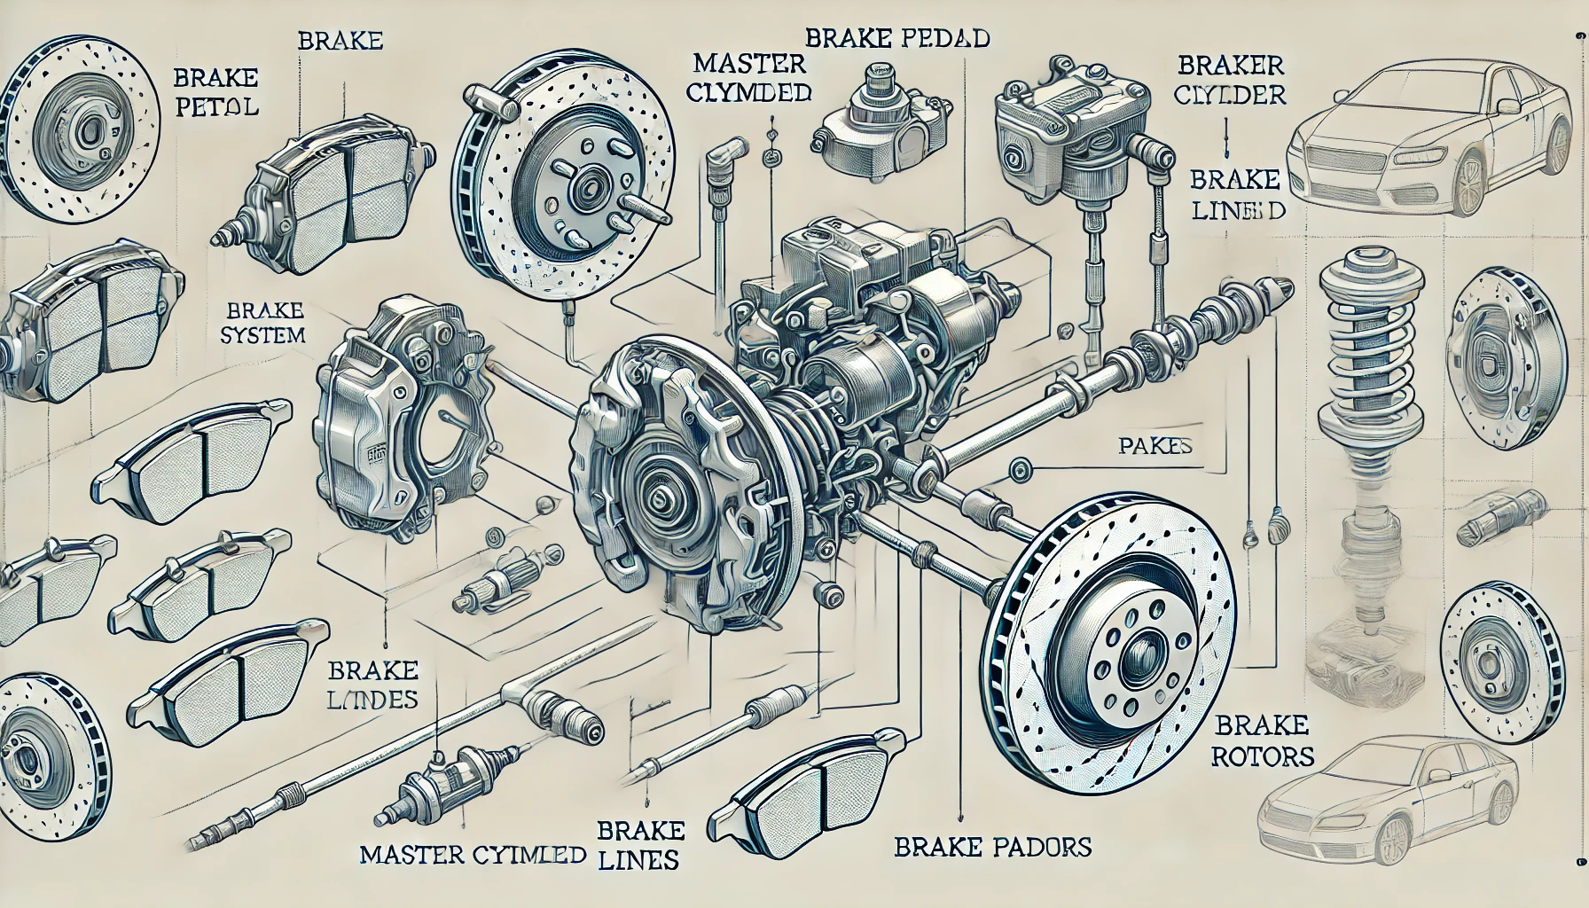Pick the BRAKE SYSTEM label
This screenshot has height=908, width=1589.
click(x=265, y=323)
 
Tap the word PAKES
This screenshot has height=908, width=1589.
click(x=1153, y=446)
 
